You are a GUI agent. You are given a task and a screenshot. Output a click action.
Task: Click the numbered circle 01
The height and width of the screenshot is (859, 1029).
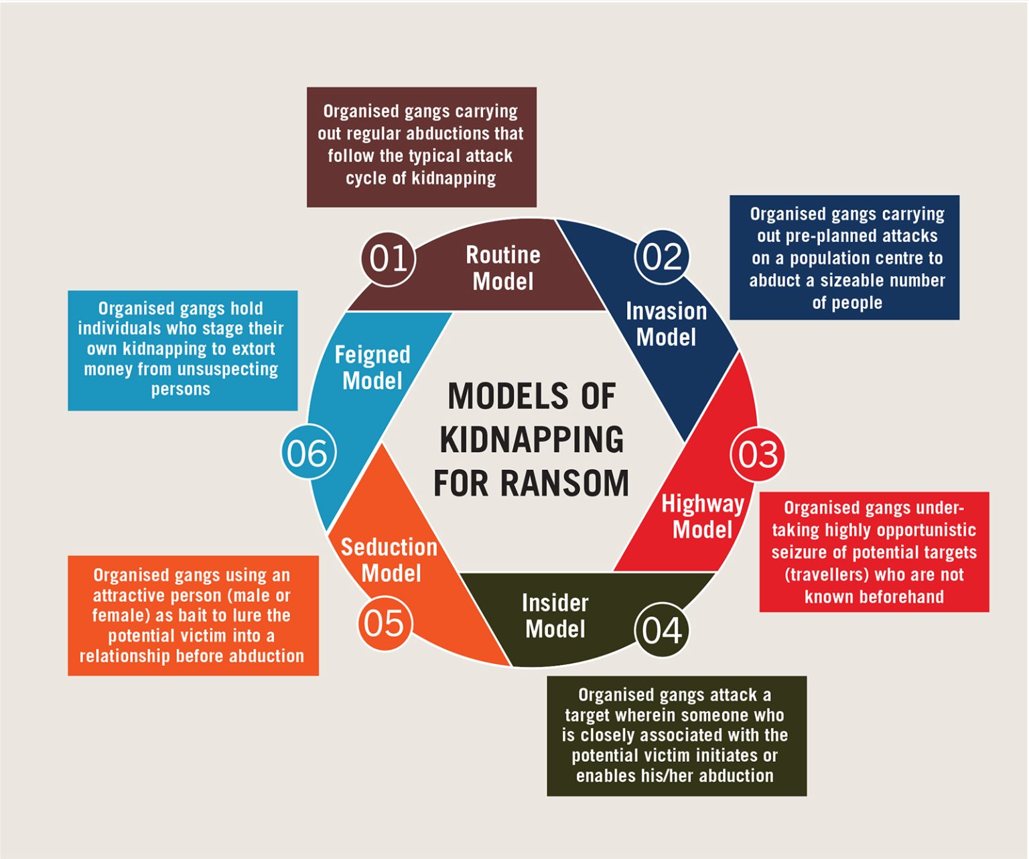point(389,259)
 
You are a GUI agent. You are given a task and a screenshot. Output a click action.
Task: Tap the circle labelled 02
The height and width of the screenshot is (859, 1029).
point(662,257)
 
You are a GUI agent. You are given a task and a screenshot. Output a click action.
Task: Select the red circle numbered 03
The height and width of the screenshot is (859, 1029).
point(758,455)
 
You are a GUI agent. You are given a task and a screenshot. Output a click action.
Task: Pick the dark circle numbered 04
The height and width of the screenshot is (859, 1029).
point(662,630)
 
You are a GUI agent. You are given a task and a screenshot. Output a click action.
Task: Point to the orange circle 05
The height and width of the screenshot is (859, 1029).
point(385,623)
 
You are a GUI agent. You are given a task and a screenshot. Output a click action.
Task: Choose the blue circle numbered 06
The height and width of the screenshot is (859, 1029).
point(309,452)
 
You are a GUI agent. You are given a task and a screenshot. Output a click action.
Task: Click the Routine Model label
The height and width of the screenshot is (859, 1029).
point(503,268)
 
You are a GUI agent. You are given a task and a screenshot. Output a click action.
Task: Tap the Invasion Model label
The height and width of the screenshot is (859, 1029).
point(667,324)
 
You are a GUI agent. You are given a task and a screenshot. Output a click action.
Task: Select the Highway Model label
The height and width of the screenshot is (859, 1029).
point(702,516)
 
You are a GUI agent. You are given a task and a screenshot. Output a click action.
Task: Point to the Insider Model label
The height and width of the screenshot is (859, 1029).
point(555,616)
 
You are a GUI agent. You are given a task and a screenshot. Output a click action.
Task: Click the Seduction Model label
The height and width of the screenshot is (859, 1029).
point(389,560)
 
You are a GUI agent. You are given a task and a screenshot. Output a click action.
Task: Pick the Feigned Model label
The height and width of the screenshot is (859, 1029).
point(372,367)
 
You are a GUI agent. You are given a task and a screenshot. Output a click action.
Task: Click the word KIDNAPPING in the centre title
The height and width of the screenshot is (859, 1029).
point(532,440)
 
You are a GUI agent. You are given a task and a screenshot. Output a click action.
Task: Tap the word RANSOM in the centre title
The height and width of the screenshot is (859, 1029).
point(565,483)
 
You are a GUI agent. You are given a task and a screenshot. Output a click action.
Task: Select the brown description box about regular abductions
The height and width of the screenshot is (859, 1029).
point(422,147)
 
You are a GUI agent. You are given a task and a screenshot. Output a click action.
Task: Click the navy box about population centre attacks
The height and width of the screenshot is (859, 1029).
point(845,257)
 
